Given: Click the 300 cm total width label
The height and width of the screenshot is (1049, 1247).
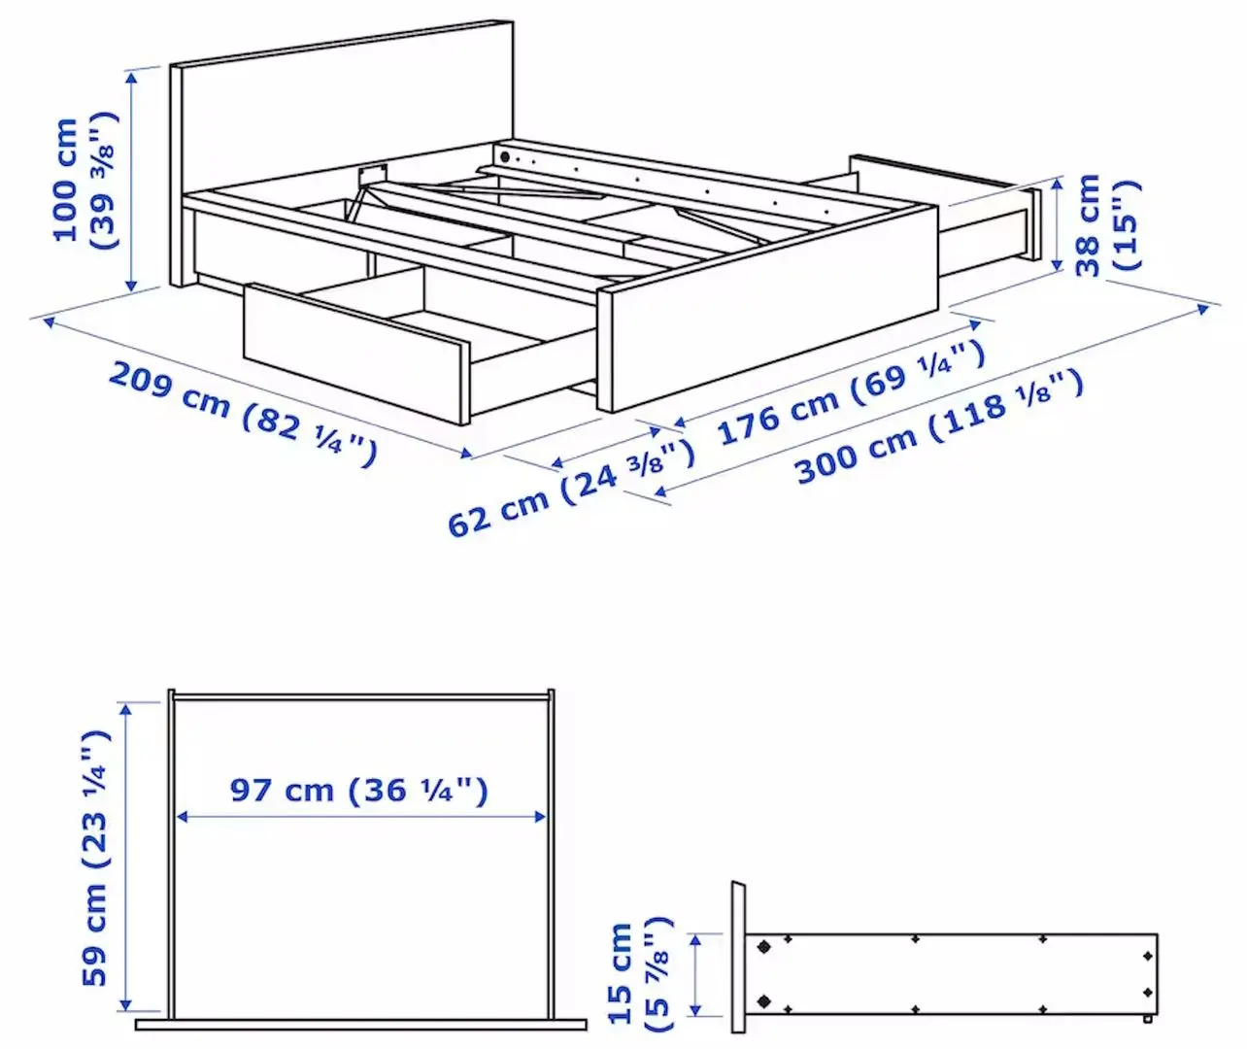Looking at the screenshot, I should click(x=938, y=427).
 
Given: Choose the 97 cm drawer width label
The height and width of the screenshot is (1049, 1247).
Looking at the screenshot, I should click(x=358, y=790).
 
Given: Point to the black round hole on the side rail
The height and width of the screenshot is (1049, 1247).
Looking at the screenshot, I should click(x=504, y=156).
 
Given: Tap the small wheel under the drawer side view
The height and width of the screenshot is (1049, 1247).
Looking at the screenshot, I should click(x=1148, y=1020).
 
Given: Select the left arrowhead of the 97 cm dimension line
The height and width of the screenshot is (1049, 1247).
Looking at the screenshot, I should click(x=182, y=818).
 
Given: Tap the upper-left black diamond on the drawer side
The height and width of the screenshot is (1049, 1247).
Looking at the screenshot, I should click(x=762, y=945).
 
